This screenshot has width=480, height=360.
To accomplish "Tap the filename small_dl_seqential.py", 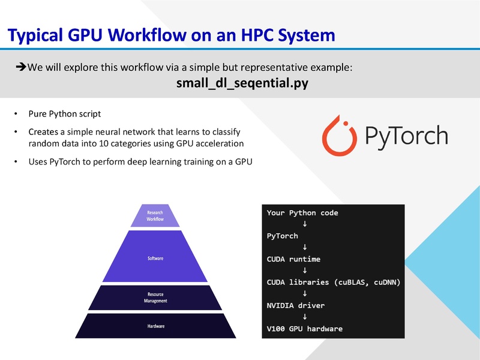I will tap(242, 83).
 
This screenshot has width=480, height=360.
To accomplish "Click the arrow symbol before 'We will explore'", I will tap(20, 67).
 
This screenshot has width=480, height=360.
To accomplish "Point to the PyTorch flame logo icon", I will tap(340, 136).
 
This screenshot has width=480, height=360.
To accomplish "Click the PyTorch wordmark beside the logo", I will tap(406, 136).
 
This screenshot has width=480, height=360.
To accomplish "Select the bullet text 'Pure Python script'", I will tap(65, 114).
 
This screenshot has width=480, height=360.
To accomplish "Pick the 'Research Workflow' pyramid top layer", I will tap(155, 216).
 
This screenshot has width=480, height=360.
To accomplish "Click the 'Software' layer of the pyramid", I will tap(155, 258).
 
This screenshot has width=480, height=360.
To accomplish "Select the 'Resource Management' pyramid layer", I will tap(155, 298).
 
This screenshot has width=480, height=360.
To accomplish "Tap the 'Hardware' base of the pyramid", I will tap(155, 326).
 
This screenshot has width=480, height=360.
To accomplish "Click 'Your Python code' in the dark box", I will tap(302, 213).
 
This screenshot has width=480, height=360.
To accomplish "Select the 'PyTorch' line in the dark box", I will tap(282, 236).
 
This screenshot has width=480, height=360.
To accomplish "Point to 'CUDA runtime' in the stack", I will tap(293, 259).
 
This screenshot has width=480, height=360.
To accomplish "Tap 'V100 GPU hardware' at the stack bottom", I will tap(304, 329).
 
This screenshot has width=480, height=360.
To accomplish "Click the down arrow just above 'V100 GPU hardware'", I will tap(305, 317).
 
